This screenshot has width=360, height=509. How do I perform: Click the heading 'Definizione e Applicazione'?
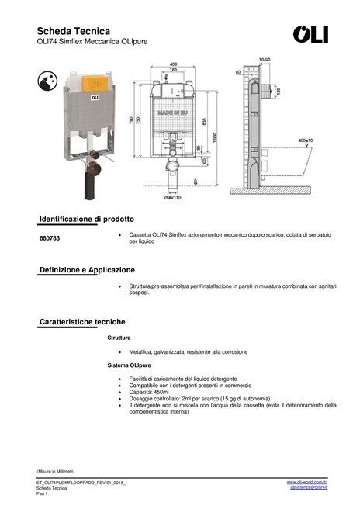click(87, 269)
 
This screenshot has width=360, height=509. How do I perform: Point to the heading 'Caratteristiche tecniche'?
click(82, 321)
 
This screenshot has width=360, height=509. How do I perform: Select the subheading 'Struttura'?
click(119, 338)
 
